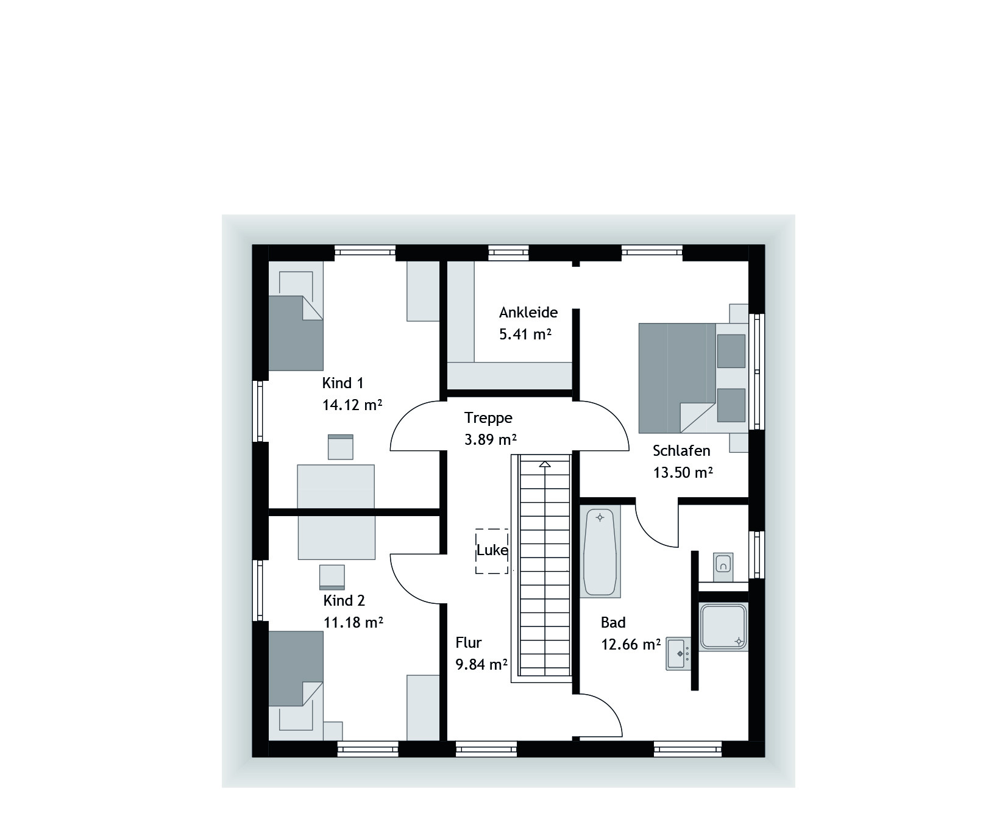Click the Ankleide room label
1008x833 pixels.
point(528,313)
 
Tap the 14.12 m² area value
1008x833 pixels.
point(352,405)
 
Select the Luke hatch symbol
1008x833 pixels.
point(492,551)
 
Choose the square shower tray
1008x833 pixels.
point(723,626)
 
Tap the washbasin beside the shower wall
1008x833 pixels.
point(679,654)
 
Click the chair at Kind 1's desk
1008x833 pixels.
point(341,447)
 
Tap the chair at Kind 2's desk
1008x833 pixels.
point(332,577)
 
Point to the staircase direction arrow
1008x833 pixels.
point(545,464)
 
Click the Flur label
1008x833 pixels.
point(469,643)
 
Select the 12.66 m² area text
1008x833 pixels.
point(631,645)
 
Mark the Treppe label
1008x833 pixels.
point(488,418)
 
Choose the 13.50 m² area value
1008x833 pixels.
point(683,473)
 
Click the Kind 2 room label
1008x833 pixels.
point(344,601)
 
